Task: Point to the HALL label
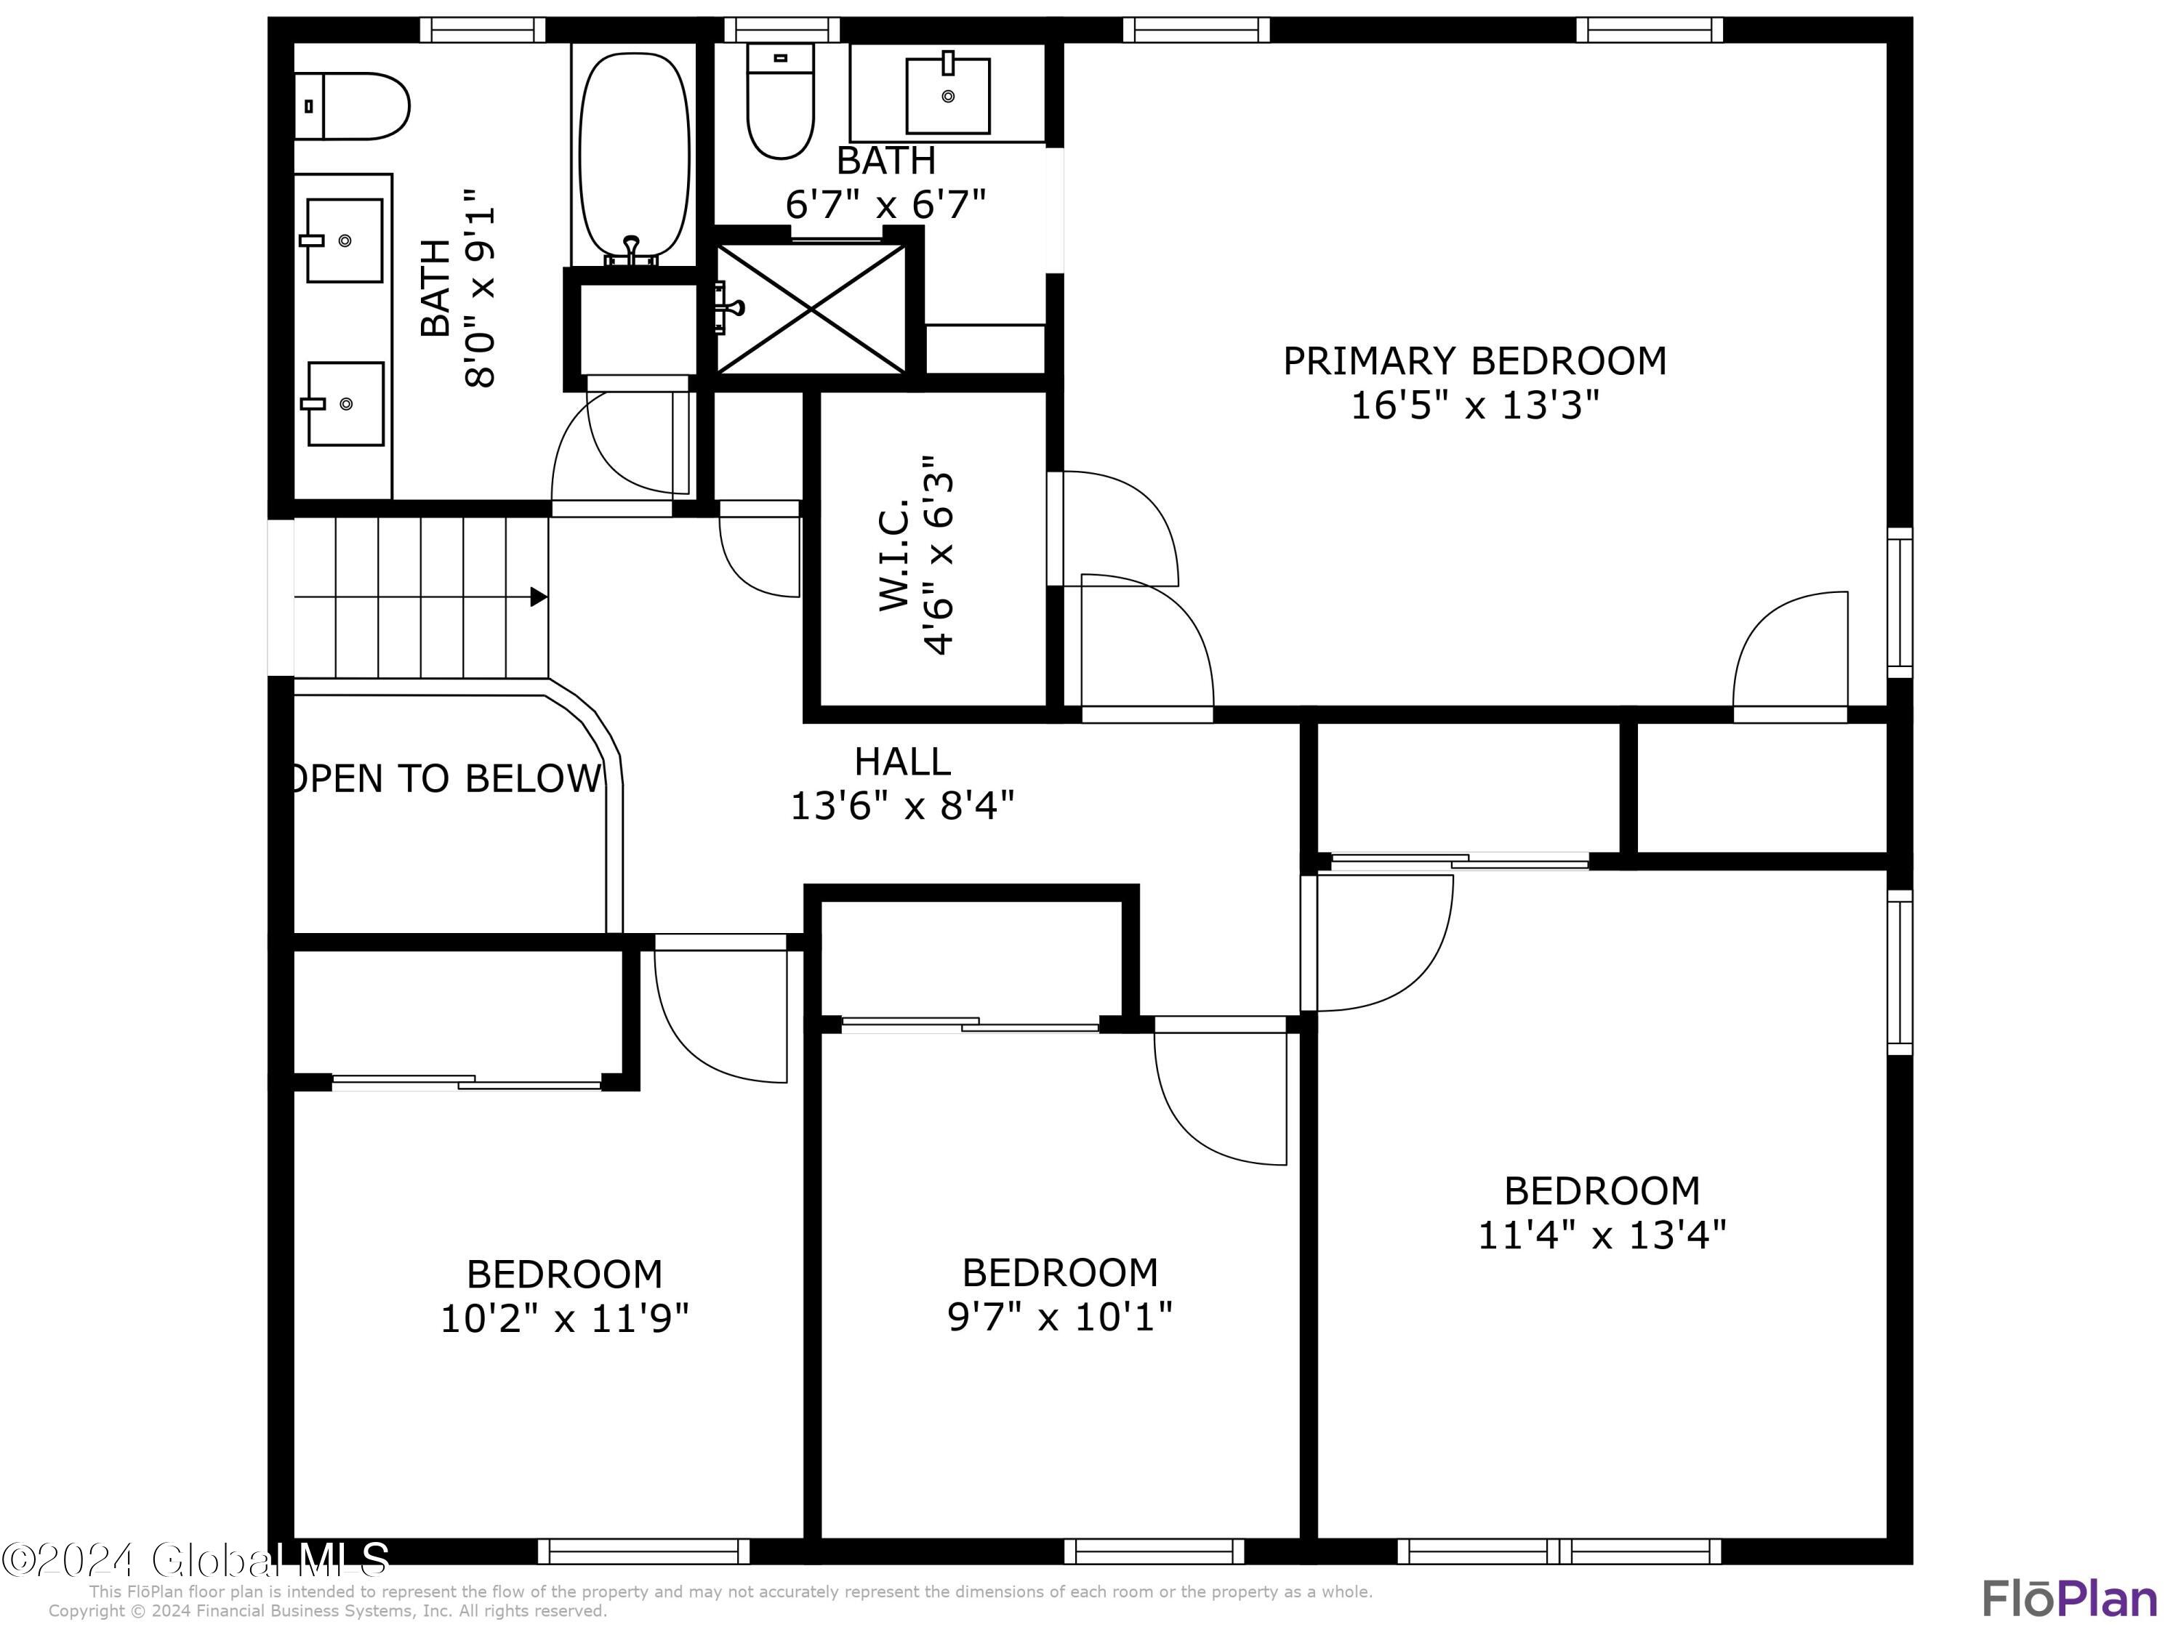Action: click(902, 762)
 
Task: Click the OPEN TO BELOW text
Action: click(446, 778)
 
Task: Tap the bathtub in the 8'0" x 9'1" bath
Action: click(633, 156)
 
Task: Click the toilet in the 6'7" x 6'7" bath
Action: click(780, 102)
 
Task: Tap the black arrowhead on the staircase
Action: click(539, 597)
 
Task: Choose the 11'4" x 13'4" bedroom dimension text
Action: click(1602, 1235)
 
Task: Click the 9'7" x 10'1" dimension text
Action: click(1059, 1317)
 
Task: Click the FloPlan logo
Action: click(2068, 1599)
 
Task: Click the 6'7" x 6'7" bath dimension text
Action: click(885, 205)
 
